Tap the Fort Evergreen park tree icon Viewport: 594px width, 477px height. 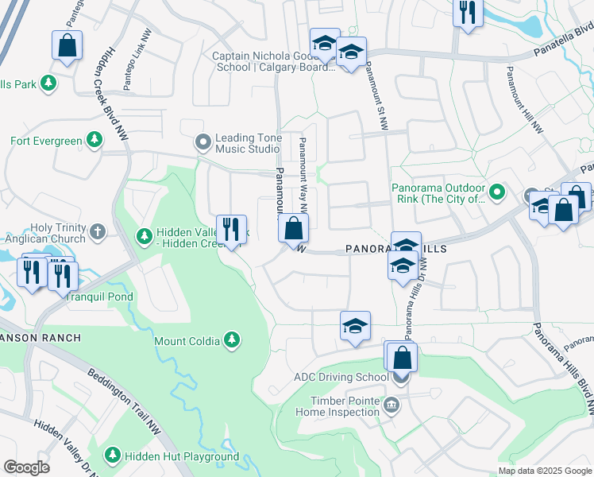tap(94, 141)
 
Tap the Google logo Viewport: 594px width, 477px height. tap(26, 467)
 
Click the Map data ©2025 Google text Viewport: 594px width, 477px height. tap(545, 471)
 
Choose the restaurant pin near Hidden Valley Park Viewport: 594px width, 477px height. tap(231, 230)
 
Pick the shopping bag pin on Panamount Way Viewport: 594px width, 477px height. tap(293, 229)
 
